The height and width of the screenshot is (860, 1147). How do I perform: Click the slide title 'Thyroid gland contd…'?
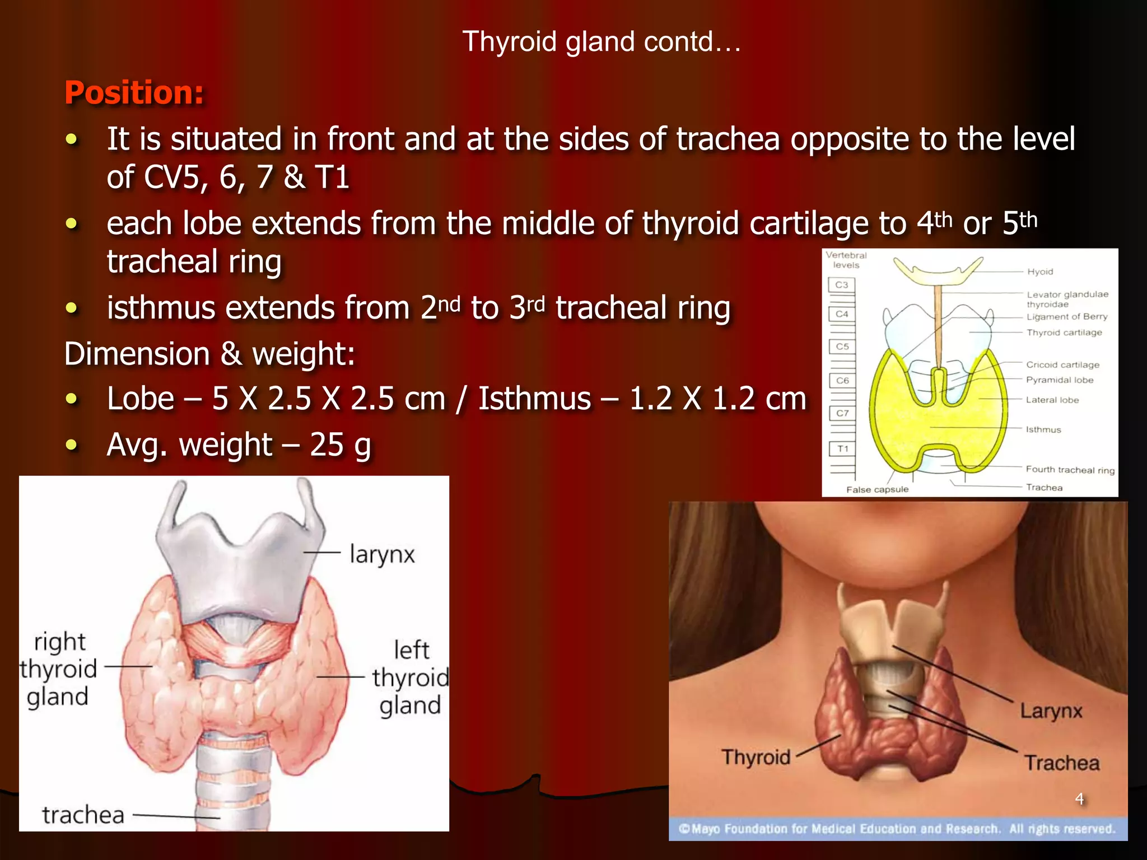pyautogui.click(x=602, y=42)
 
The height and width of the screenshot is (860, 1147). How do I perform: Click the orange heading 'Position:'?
pyautogui.click(x=134, y=92)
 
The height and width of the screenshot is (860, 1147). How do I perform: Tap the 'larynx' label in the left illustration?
pyautogui.click(x=382, y=555)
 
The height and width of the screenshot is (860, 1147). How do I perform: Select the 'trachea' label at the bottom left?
pyautogui.click(x=83, y=815)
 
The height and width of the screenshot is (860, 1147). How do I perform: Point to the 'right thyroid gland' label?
pyautogui.click(x=58, y=669)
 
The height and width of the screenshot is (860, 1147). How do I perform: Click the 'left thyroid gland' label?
pyautogui.click(x=411, y=677)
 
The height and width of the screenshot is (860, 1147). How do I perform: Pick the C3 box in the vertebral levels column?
pyautogui.click(x=841, y=285)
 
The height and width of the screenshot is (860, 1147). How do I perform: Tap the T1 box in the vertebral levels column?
pyautogui.click(x=842, y=448)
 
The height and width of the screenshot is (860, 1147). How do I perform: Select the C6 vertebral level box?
pyautogui.click(x=842, y=381)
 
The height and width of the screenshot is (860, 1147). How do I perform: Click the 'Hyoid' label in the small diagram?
pyautogui.click(x=1039, y=272)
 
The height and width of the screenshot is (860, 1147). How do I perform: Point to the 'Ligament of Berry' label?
pyautogui.click(x=1066, y=316)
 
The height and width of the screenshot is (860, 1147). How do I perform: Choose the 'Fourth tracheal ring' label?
pyautogui.click(x=1070, y=470)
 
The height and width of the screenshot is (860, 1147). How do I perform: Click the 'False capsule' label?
pyautogui.click(x=877, y=489)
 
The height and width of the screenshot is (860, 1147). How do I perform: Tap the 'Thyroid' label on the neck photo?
pyautogui.click(x=756, y=757)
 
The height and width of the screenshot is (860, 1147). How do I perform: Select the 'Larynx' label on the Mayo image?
pyautogui.click(x=1051, y=711)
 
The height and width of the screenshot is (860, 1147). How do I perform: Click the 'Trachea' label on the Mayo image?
pyautogui.click(x=1061, y=763)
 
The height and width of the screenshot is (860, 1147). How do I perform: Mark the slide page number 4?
pyautogui.click(x=1079, y=798)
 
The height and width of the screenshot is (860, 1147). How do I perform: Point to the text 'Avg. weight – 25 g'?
pyautogui.click(x=239, y=445)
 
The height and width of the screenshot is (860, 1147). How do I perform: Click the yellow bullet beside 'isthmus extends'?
pyautogui.click(x=71, y=307)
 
